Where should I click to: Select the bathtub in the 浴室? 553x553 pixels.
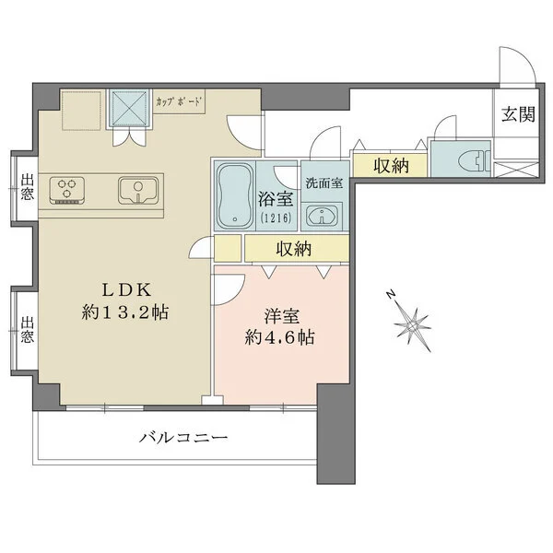[x=234, y=194]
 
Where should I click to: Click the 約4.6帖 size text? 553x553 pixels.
[x=280, y=337]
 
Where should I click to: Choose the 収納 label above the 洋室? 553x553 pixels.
[x=293, y=249]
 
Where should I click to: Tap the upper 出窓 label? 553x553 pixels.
[x=27, y=187]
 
